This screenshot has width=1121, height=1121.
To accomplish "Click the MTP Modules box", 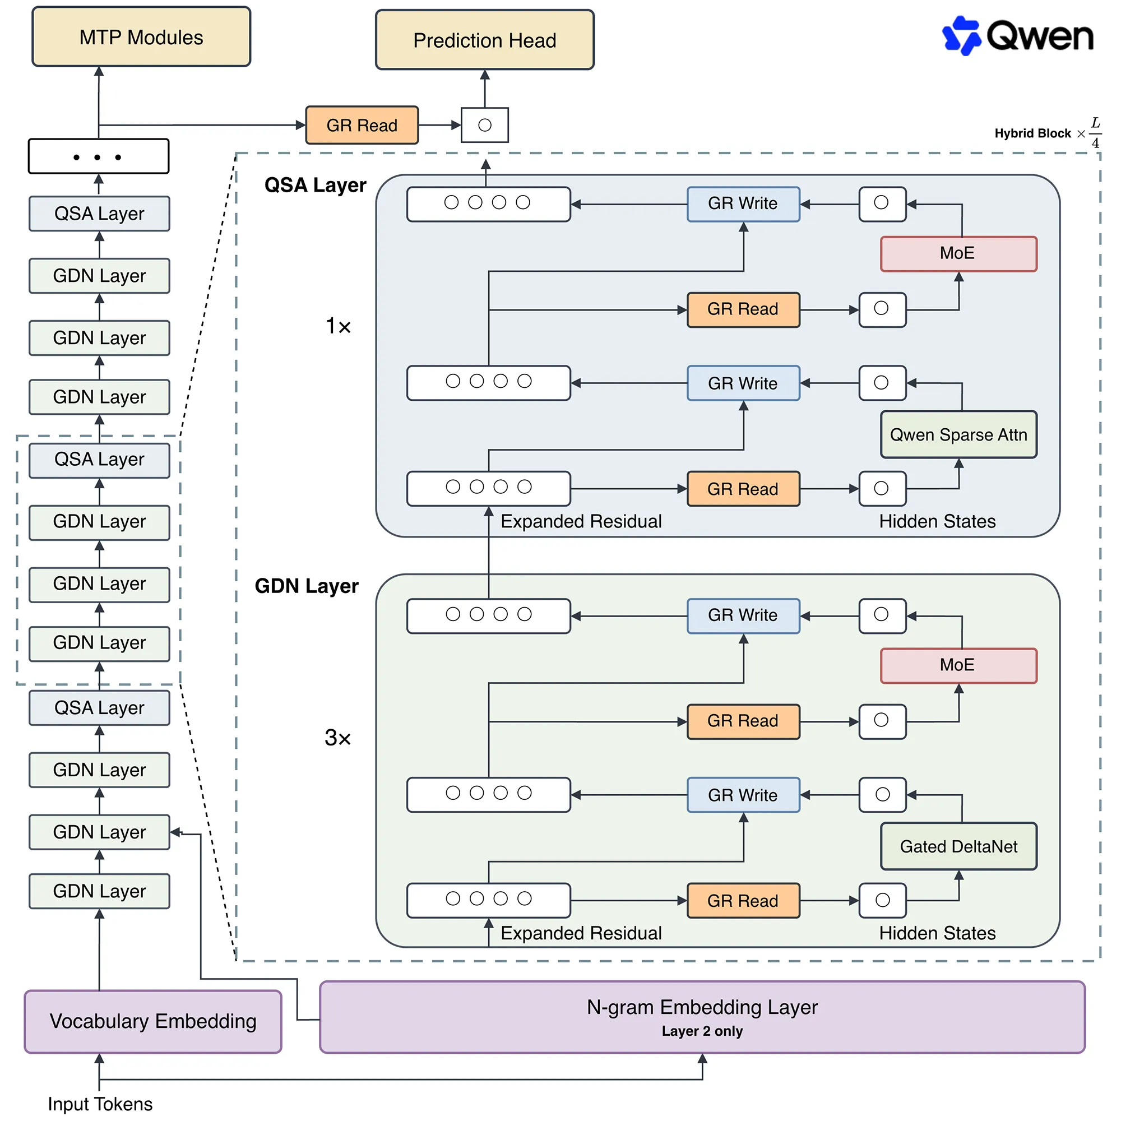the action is coord(141,37).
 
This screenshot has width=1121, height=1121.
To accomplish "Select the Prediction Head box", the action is coord(484,40).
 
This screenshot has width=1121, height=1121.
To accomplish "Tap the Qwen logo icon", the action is coord(961,35).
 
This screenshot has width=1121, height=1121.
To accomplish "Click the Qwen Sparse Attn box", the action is coord(958,434).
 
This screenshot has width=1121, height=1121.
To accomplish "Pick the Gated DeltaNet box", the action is coord(958,846).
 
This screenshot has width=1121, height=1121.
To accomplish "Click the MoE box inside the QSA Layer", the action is coord(958,253).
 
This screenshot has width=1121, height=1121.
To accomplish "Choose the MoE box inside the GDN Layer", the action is coord(958,665).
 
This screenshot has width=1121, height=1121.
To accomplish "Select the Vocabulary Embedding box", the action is coord(153,1021).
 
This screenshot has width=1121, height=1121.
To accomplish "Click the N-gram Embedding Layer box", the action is coord(702,1017).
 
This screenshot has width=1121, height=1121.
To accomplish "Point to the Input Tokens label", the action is coord(100,1104).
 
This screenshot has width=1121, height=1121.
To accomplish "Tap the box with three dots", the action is coord(99,156).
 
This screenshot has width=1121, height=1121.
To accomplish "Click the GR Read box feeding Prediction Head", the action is coord(362,125).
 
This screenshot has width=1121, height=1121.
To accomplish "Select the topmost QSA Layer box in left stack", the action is coord(99,214).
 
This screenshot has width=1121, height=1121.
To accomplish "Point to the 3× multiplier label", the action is coord(337,738).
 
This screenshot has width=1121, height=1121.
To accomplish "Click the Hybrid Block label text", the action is coord(1033,133).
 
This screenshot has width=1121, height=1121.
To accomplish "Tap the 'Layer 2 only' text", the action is coord(702,1031).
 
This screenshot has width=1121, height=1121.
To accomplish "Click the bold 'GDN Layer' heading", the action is coord(307,586).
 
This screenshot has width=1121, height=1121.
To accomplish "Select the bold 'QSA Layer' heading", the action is coord(315,185).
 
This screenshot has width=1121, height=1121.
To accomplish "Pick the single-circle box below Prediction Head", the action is coord(485,125).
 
